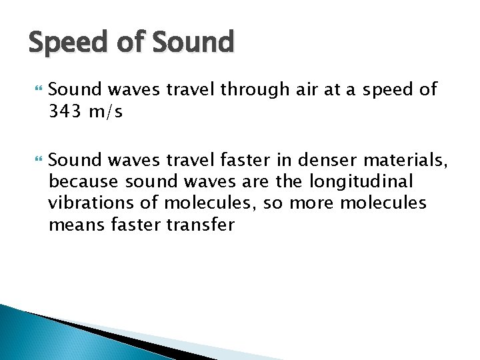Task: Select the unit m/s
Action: pyautogui.click(x=105, y=112)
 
